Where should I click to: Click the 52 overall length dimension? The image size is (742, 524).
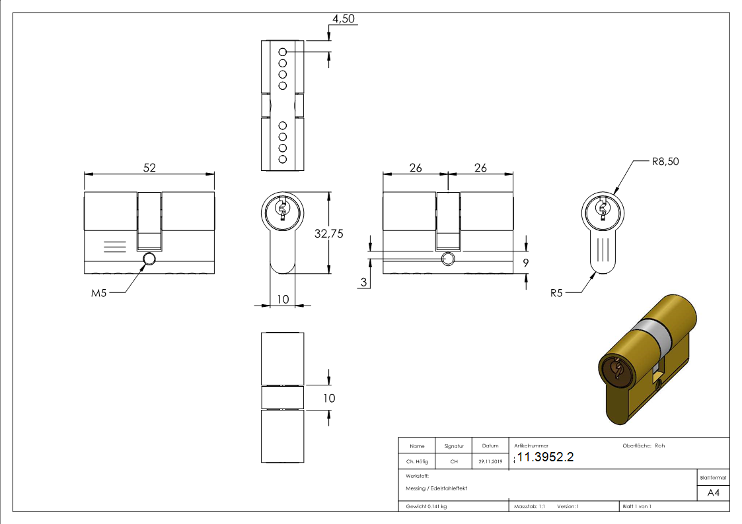(150, 168)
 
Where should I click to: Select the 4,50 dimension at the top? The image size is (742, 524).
(344, 19)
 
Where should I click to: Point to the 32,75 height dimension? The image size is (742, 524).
(347, 233)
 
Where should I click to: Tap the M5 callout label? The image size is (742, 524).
(98, 293)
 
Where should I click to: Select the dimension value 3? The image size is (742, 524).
(363, 282)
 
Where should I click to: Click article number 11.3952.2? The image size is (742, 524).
(546, 458)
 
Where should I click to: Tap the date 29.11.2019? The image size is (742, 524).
(490, 462)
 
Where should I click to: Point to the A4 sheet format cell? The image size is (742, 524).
(714, 492)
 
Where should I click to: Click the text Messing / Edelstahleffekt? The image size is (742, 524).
(436, 488)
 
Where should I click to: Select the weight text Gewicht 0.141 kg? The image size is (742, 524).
(426, 507)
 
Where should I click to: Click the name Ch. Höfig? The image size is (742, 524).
(416, 462)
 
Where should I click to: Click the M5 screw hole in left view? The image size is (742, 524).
(149, 259)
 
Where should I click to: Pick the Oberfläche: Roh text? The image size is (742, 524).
(644, 445)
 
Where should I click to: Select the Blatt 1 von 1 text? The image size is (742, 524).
(637, 507)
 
